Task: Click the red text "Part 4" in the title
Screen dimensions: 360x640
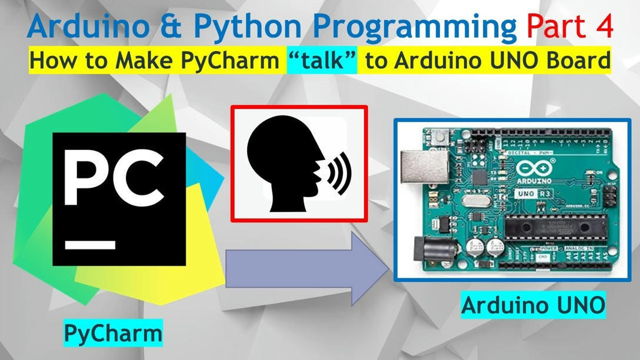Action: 569,26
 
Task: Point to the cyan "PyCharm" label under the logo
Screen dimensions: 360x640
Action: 112,333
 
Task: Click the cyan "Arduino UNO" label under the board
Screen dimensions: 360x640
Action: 533,305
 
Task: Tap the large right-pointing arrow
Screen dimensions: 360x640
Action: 306,268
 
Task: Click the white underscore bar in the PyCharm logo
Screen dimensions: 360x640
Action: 90,244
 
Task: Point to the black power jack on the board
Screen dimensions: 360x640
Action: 429,250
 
